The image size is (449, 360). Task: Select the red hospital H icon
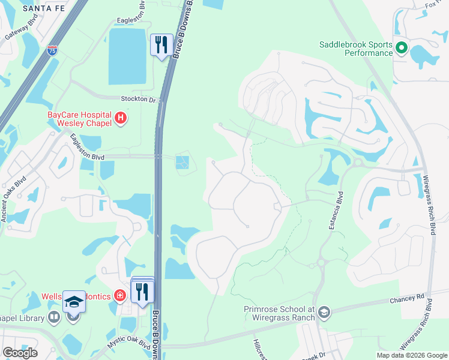pos(121,118)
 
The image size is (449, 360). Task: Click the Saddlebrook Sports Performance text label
pos(355,49)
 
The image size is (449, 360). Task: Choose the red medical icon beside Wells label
pos(119,295)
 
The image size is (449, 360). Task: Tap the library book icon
pos(54,316)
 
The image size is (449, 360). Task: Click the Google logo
pos(20,353)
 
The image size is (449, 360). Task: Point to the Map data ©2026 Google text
pos(412,355)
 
